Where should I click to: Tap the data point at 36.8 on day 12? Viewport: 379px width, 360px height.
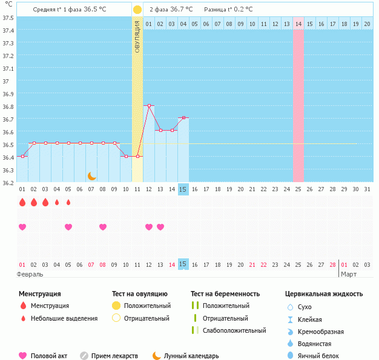click(149, 105)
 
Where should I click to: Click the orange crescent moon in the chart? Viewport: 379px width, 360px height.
click(92, 175)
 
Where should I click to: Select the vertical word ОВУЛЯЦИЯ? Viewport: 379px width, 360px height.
click(137, 36)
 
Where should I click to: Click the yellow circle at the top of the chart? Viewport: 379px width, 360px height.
click(137, 10)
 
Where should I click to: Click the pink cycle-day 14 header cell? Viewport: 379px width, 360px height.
click(298, 24)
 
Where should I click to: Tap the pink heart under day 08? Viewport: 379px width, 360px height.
click(103, 227)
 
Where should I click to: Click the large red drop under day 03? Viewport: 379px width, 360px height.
click(45, 202)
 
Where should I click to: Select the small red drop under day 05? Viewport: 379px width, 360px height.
click(68, 202)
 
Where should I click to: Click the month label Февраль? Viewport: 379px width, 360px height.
click(30, 274)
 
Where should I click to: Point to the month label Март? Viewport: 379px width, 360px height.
click(349, 274)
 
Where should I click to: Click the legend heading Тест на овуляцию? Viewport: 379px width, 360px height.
click(140, 294)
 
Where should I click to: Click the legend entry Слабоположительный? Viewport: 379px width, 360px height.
click(234, 330)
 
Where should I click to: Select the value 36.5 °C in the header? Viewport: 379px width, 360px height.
click(100, 10)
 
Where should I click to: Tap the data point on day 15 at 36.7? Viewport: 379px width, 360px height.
click(183, 118)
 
